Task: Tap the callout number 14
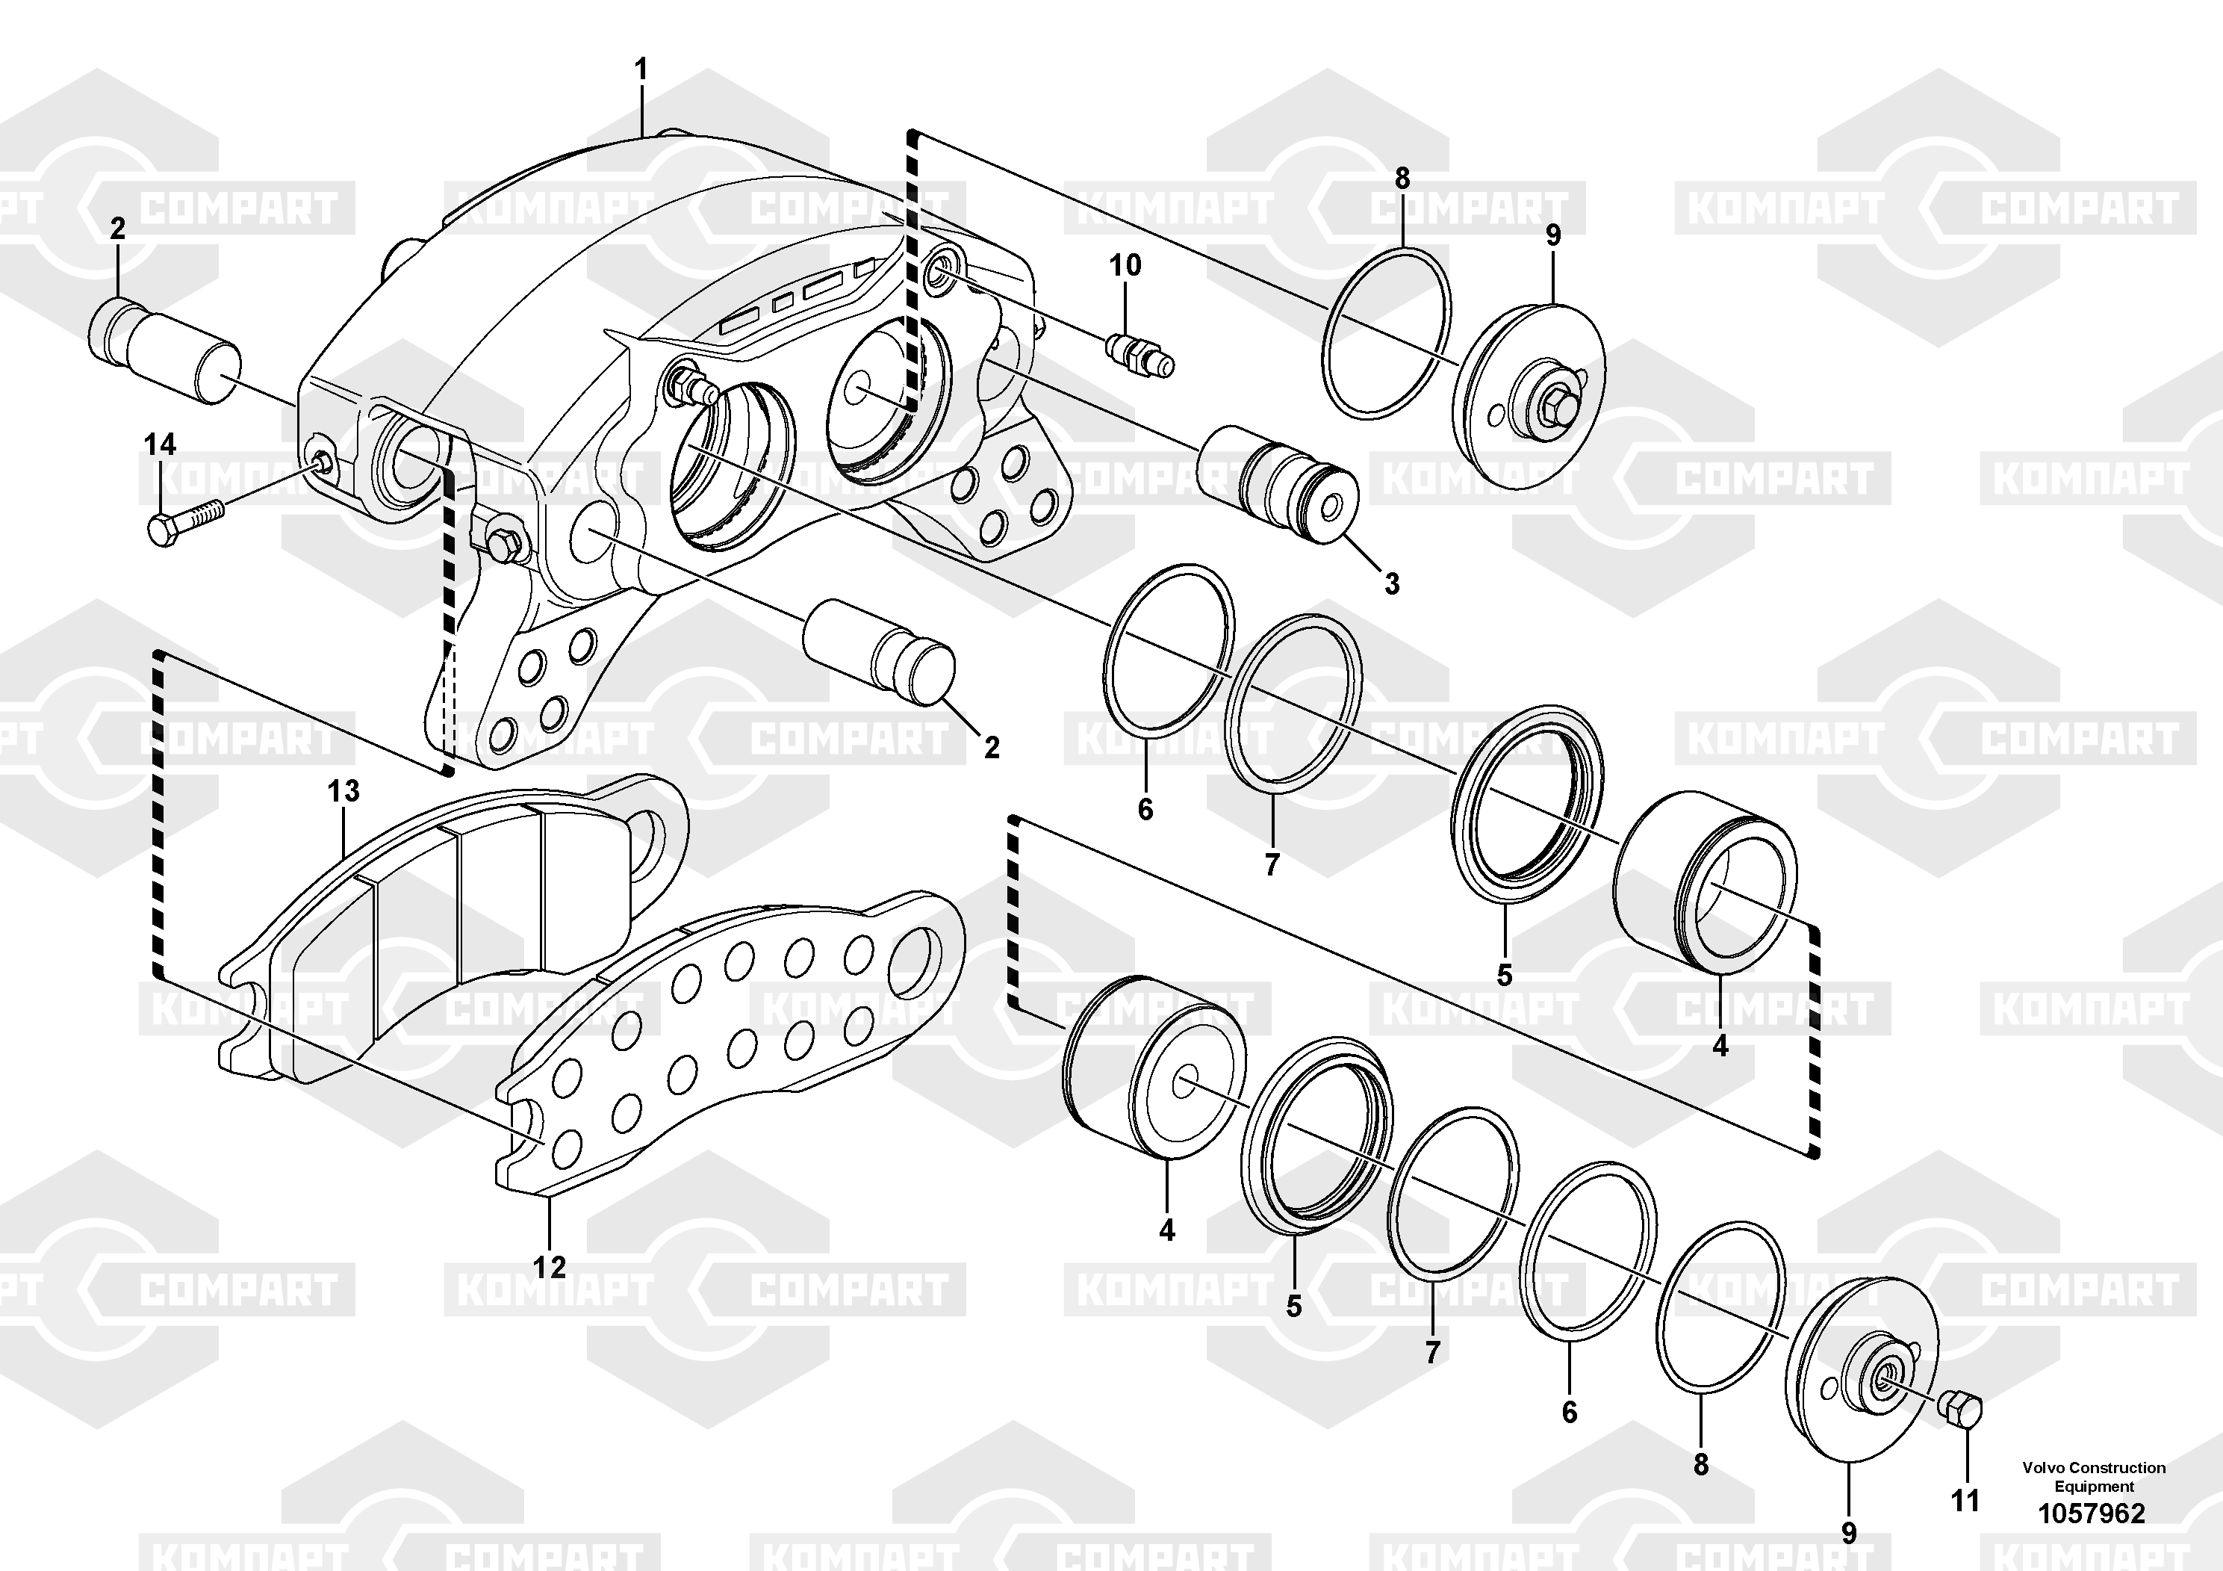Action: [x=160, y=444]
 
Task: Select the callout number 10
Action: [x=1125, y=264]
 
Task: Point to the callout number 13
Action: [x=343, y=791]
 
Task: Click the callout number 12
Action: [x=549, y=1266]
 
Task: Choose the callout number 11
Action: [x=1965, y=1500]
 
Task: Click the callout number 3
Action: [x=1391, y=584]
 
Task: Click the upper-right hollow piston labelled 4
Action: [x=1705, y=882]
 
